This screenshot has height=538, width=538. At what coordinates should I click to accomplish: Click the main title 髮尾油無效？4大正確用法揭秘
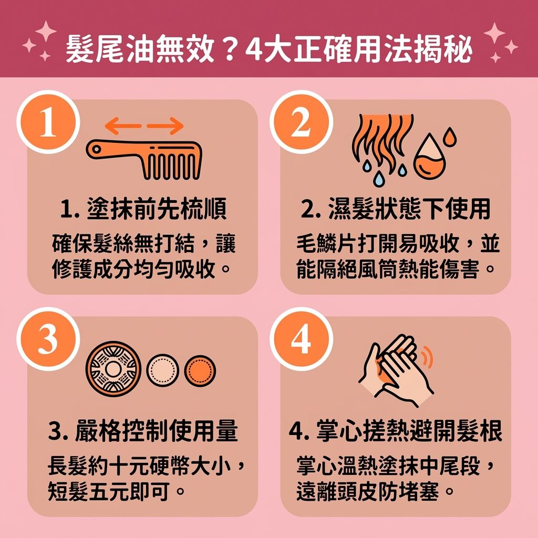[268, 49]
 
